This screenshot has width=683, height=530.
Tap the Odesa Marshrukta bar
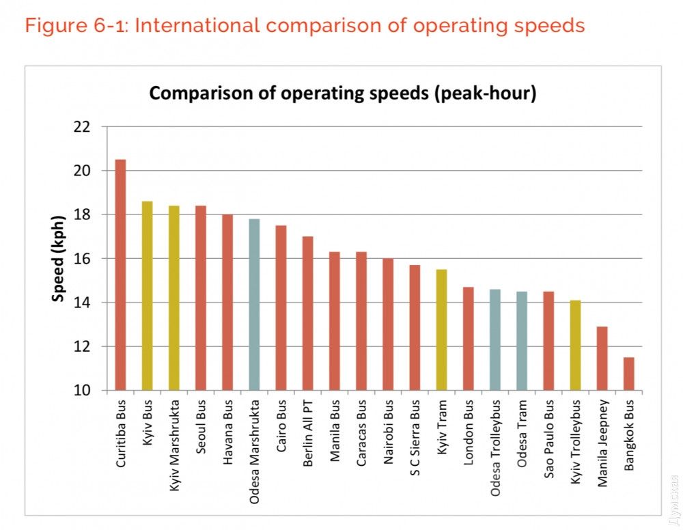tap(254, 305)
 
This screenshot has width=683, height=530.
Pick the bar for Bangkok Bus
tap(628, 374)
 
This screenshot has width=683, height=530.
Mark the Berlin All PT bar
tap(307, 313)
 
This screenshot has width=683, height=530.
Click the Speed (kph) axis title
tap(59, 259)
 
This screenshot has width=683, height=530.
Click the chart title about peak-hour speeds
tap(342, 94)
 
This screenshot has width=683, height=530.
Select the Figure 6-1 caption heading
tap(305, 26)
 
